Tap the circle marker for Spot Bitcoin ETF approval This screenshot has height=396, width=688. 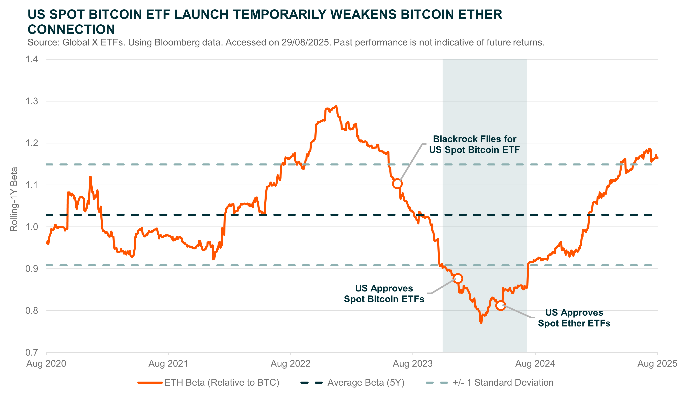458,279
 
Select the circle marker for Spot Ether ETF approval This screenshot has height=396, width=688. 501,305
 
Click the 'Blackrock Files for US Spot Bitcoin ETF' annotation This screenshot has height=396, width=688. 474,144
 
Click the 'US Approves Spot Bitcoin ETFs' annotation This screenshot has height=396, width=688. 384,294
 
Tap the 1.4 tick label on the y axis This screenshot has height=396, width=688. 32,59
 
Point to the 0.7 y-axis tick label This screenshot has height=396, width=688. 32,353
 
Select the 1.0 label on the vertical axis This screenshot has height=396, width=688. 32,227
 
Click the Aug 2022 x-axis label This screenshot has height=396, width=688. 290,364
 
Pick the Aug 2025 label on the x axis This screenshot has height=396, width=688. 657,364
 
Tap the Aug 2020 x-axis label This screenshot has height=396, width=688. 46,364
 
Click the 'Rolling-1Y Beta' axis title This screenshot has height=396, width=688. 14,199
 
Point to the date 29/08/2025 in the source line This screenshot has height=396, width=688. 305,42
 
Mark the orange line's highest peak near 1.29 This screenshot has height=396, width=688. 336,106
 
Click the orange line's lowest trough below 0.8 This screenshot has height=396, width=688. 481,323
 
